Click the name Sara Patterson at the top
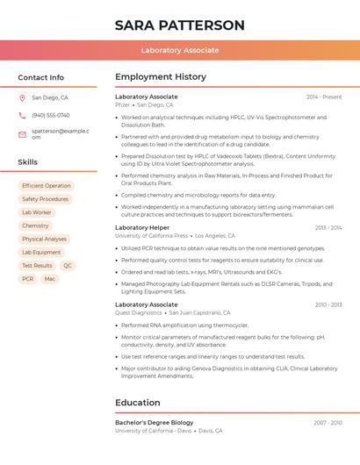tap(179, 25)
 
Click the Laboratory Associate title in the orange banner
tap(179, 50)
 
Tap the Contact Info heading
tap(40, 77)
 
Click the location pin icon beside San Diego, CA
tap(22, 98)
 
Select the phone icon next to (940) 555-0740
tap(22, 115)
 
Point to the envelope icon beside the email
tap(22, 134)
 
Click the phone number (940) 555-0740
tap(50, 115)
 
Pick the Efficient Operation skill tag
tap(46, 186)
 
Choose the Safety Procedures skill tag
tap(45, 199)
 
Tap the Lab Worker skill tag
tap(37, 212)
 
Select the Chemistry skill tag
tap(35, 225)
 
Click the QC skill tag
tap(68, 265)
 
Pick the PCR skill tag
tap(28, 279)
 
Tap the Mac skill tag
tap(50, 279)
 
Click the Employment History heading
tap(160, 77)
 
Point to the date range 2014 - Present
tap(324, 97)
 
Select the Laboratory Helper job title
tap(142, 227)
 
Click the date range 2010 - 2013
tap(328, 304)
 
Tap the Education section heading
tap(137, 403)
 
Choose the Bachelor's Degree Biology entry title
tap(154, 423)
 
